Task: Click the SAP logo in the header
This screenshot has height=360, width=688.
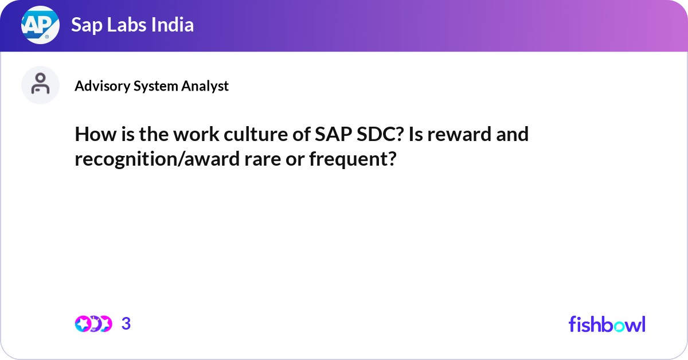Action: (40, 25)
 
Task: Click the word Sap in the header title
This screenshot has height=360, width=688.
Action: (84, 25)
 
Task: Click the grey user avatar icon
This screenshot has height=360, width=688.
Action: (40, 85)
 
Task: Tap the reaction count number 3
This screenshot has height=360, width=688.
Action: (126, 324)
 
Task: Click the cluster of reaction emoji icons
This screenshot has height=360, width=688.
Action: (93, 324)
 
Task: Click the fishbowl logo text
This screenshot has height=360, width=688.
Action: (607, 324)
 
